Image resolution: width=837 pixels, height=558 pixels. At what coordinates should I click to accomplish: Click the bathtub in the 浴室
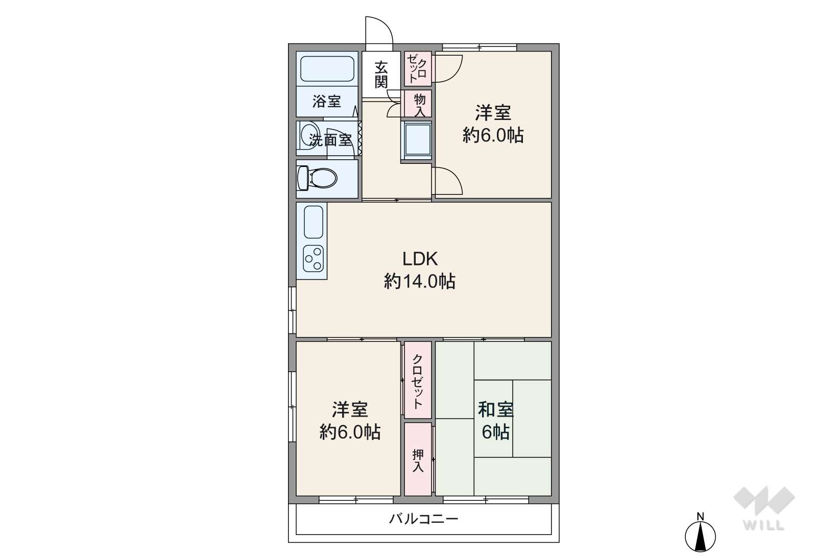coord(327,69)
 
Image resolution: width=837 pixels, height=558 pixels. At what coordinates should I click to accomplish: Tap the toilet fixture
coord(317,178)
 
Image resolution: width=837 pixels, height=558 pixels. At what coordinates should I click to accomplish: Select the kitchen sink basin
coord(313,222)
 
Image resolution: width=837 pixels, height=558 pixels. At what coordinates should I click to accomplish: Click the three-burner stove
coord(313,258)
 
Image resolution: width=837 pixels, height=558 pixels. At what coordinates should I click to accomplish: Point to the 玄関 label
coord(381,75)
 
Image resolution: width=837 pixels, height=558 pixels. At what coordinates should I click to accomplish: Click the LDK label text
coord(420,259)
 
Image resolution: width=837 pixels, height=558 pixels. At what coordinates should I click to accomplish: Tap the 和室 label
coord(496,409)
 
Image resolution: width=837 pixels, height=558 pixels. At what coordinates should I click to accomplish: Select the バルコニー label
coord(423,519)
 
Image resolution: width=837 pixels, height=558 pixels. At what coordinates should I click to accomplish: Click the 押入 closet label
coord(418,461)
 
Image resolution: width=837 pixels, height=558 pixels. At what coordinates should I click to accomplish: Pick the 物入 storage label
coord(420,105)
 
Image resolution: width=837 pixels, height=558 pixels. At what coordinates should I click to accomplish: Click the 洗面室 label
coord(330,140)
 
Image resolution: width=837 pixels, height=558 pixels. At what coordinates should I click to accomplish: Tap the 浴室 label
coord(327,101)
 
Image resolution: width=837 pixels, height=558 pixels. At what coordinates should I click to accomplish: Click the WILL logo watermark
coord(764,508)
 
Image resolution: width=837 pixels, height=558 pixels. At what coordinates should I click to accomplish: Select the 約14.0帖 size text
coord(420,281)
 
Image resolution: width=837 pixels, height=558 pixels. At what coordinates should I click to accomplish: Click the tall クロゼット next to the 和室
coord(418,380)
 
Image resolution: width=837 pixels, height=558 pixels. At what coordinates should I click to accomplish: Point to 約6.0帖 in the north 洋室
coord(493,135)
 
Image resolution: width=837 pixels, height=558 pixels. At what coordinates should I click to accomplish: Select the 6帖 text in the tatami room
coord(495,432)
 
